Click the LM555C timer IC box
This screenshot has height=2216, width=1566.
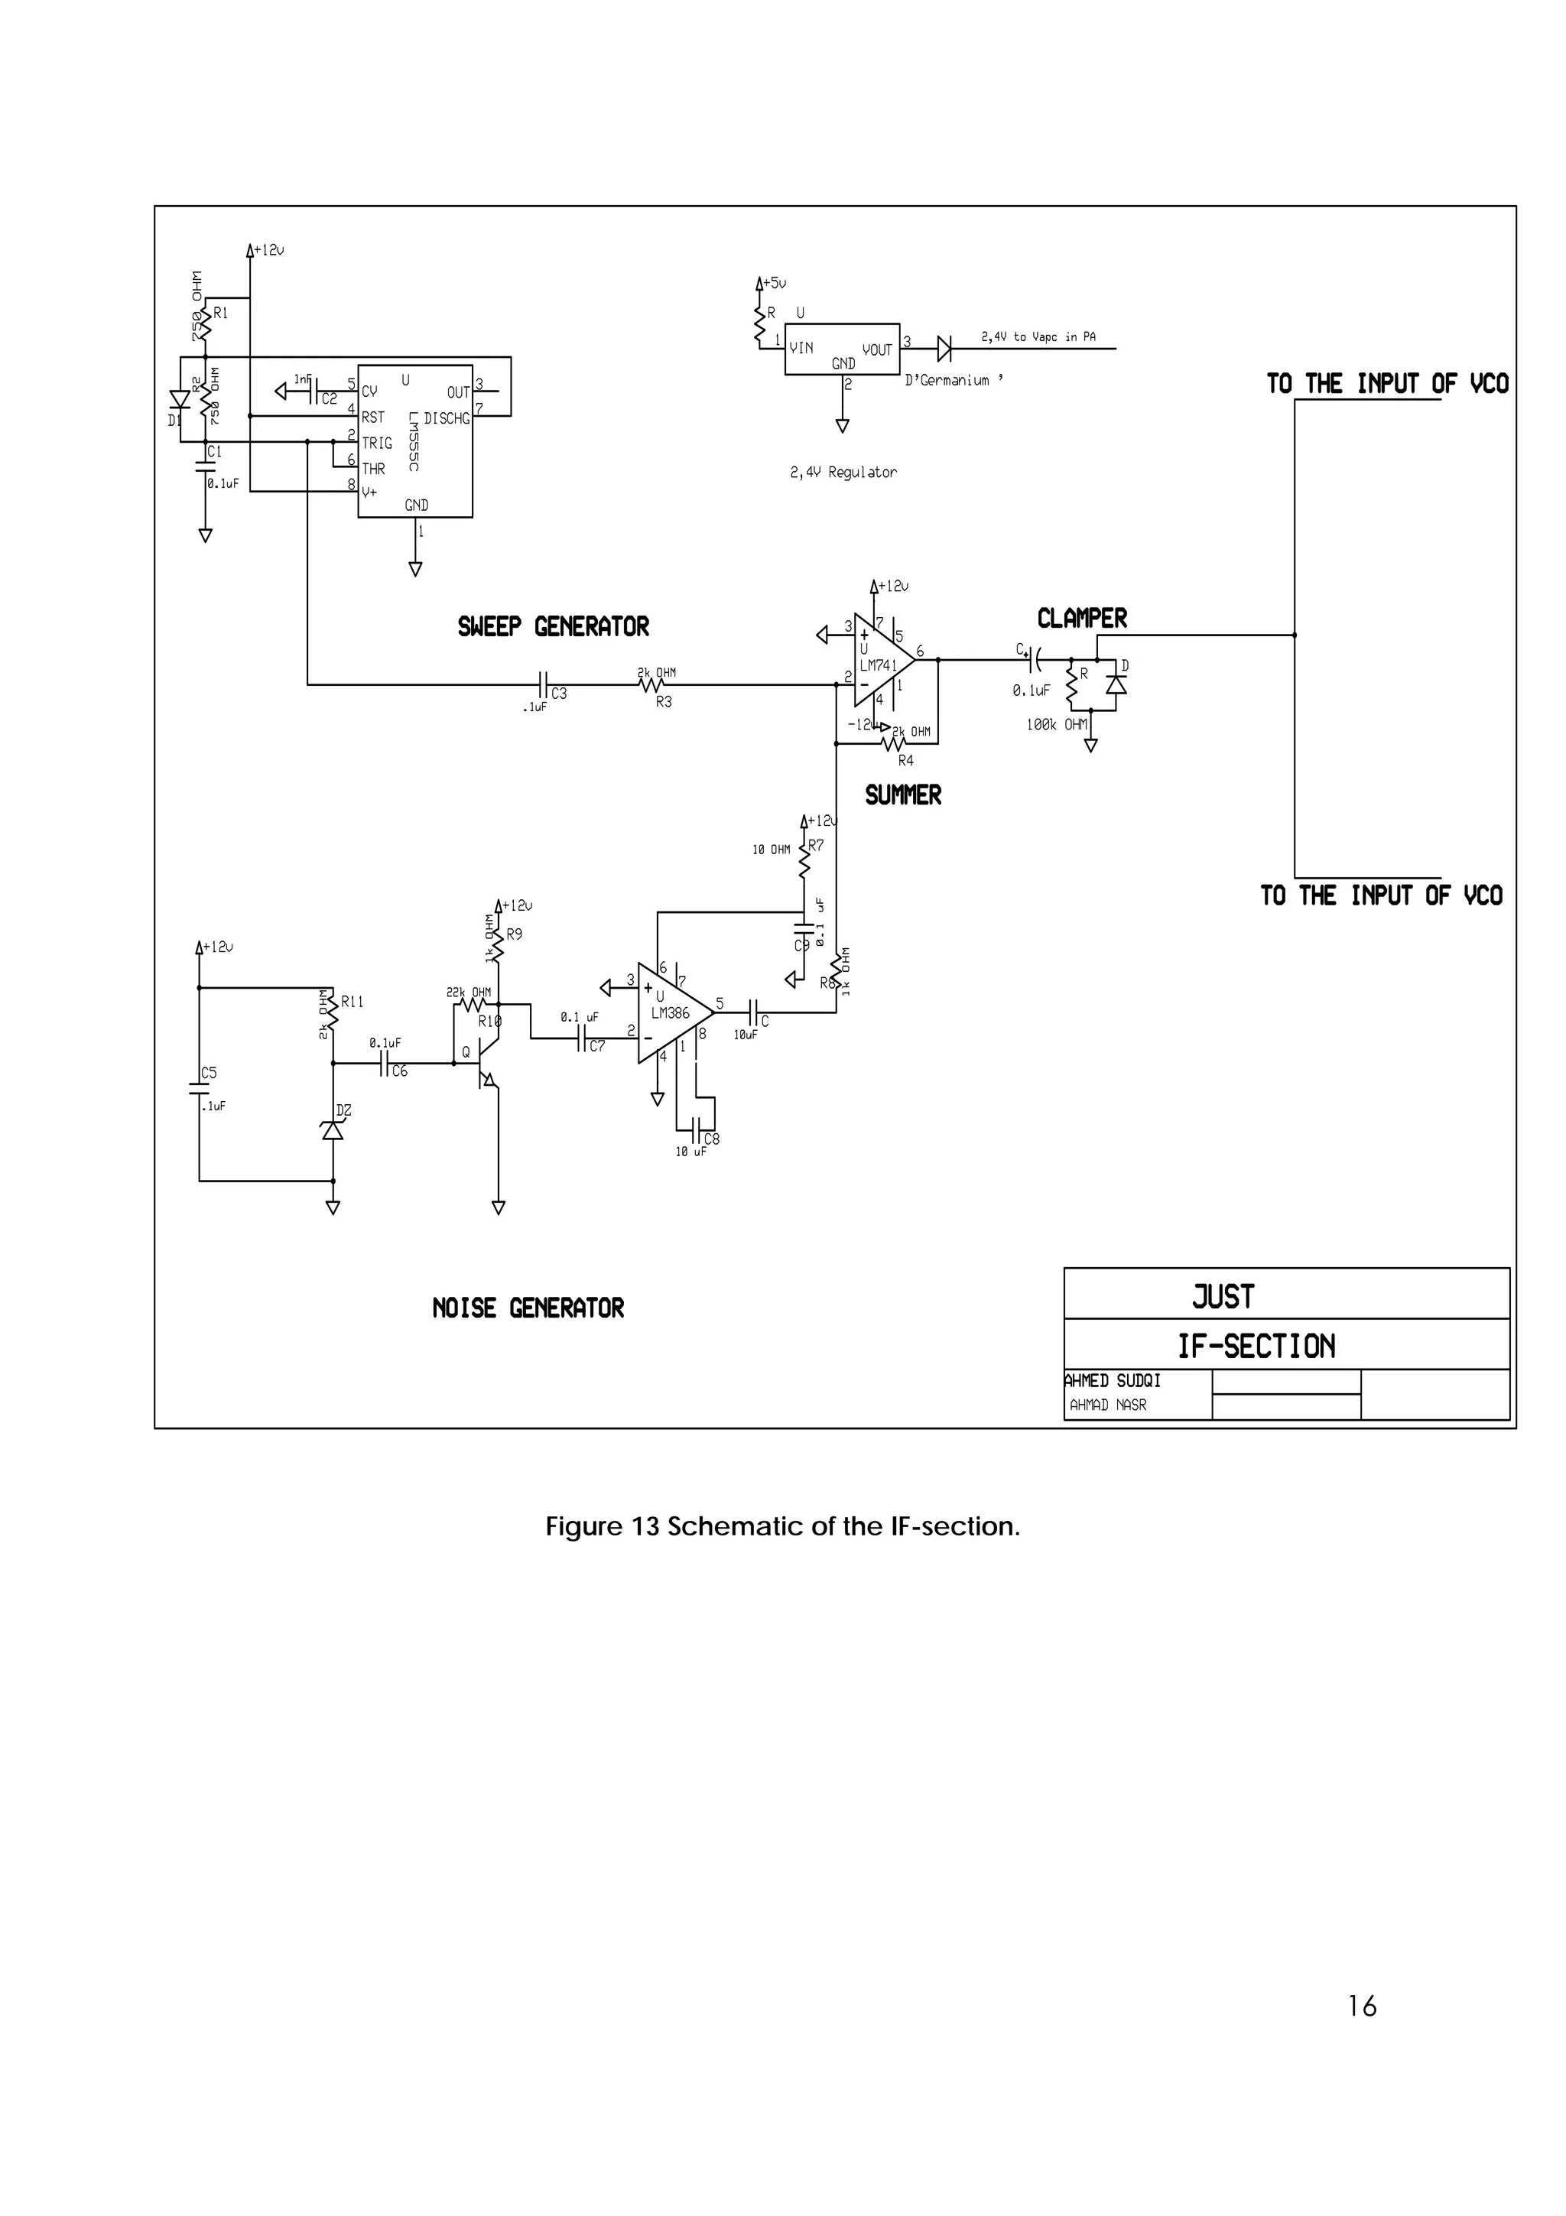click(x=415, y=441)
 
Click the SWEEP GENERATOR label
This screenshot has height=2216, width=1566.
click(x=553, y=626)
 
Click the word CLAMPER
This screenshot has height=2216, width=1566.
click(x=1082, y=619)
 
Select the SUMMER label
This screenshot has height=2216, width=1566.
click(x=903, y=795)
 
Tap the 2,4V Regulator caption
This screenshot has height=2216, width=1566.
click(x=843, y=472)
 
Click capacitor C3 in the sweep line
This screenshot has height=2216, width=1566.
click(x=543, y=685)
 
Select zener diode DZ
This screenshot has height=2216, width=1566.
click(x=333, y=1130)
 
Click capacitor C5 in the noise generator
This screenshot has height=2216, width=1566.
click(x=200, y=1087)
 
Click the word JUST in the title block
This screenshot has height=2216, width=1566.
click(x=1223, y=1296)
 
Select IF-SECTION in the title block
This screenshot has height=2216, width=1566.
click(x=1256, y=1346)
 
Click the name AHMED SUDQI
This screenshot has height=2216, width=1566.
click(x=1113, y=1381)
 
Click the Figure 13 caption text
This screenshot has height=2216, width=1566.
click(x=782, y=1526)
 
